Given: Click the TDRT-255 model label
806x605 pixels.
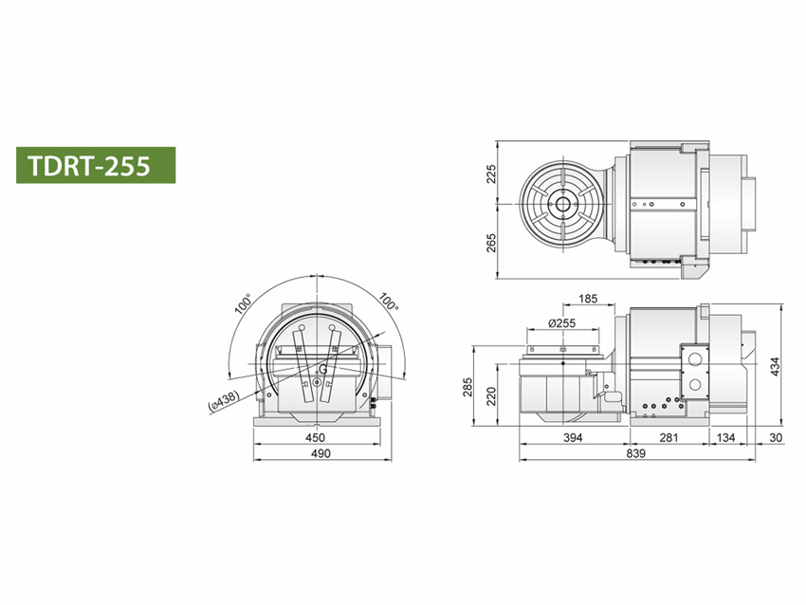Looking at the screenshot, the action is (89, 166).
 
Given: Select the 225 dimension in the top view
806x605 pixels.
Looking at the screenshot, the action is (491, 174).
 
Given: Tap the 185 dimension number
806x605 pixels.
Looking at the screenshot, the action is (588, 299).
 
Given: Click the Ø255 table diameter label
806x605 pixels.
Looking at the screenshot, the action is (562, 322).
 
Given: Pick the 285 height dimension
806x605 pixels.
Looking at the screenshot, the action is (467, 387).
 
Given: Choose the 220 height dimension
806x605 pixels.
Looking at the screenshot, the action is (491, 396).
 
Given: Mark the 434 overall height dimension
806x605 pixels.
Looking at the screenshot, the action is (775, 366).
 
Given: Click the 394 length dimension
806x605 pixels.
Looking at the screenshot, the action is (573, 437).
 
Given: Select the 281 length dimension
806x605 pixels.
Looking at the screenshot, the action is (669, 437).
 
